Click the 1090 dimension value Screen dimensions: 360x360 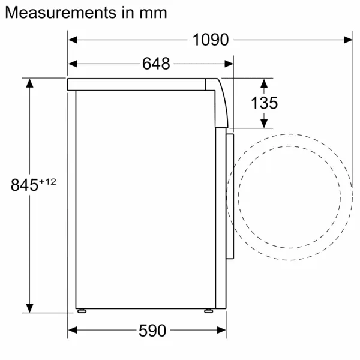pyautogui.click(x=211, y=40)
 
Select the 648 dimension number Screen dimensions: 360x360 pyautogui.click(x=156, y=63)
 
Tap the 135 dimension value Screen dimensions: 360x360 pyautogui.click(x=264, y=103)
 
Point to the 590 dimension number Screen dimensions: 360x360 pyautogui.click(x=152, y=330)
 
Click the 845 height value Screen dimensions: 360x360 pyautogui.click(x=25, y=185)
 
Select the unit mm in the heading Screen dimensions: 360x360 pyautogui.click(x=154, y=12)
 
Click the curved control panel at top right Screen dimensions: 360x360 pyautogui.click(x=221, y=102)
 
